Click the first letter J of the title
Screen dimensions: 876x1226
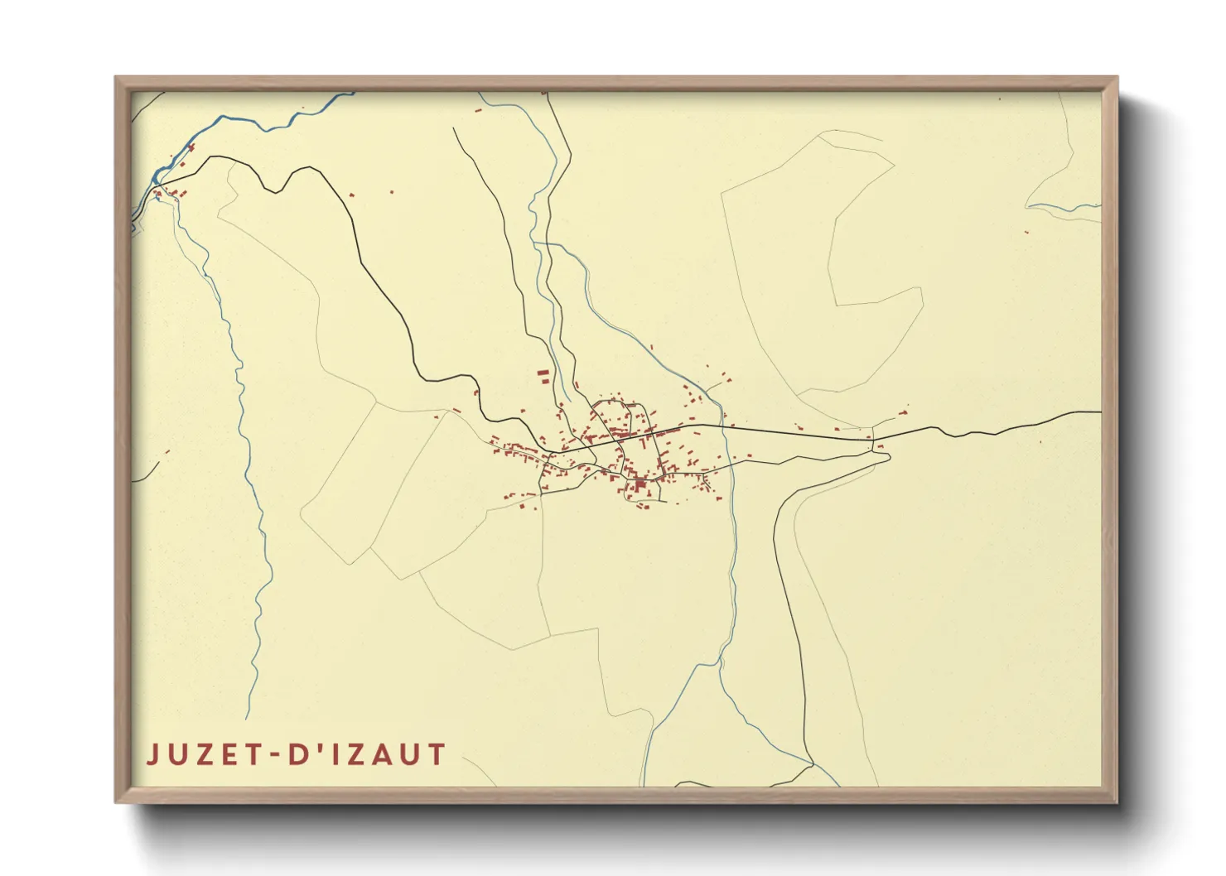coord(153,755)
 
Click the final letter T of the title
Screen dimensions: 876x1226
coord(437,755)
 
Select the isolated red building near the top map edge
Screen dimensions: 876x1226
coord(478,109)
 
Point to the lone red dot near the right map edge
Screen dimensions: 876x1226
coord(1026,232)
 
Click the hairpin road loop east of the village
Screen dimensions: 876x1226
coord(885,455)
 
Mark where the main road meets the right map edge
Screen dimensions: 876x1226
coord(1100,412)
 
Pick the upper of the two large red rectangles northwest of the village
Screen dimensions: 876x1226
coord(543,373)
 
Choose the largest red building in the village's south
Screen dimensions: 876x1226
coord(640,482)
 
